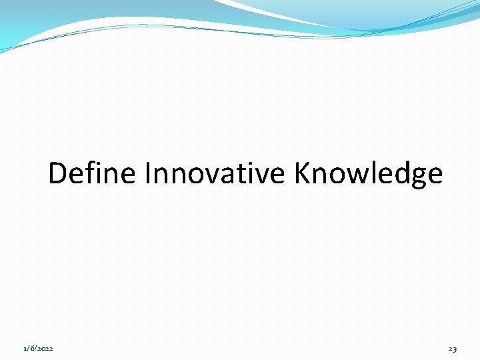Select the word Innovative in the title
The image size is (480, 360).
(215, 174)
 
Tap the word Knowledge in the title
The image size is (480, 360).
(368, 174)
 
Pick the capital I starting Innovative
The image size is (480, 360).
(147, 174)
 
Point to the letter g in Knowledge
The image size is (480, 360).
(416, 178)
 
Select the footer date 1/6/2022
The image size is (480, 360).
(39, 349)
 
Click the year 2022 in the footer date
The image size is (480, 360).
(45, 349)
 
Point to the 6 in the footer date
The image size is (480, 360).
(31, 349)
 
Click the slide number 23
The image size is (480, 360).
(453, 349)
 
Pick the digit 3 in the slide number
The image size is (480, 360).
(455, 349)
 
